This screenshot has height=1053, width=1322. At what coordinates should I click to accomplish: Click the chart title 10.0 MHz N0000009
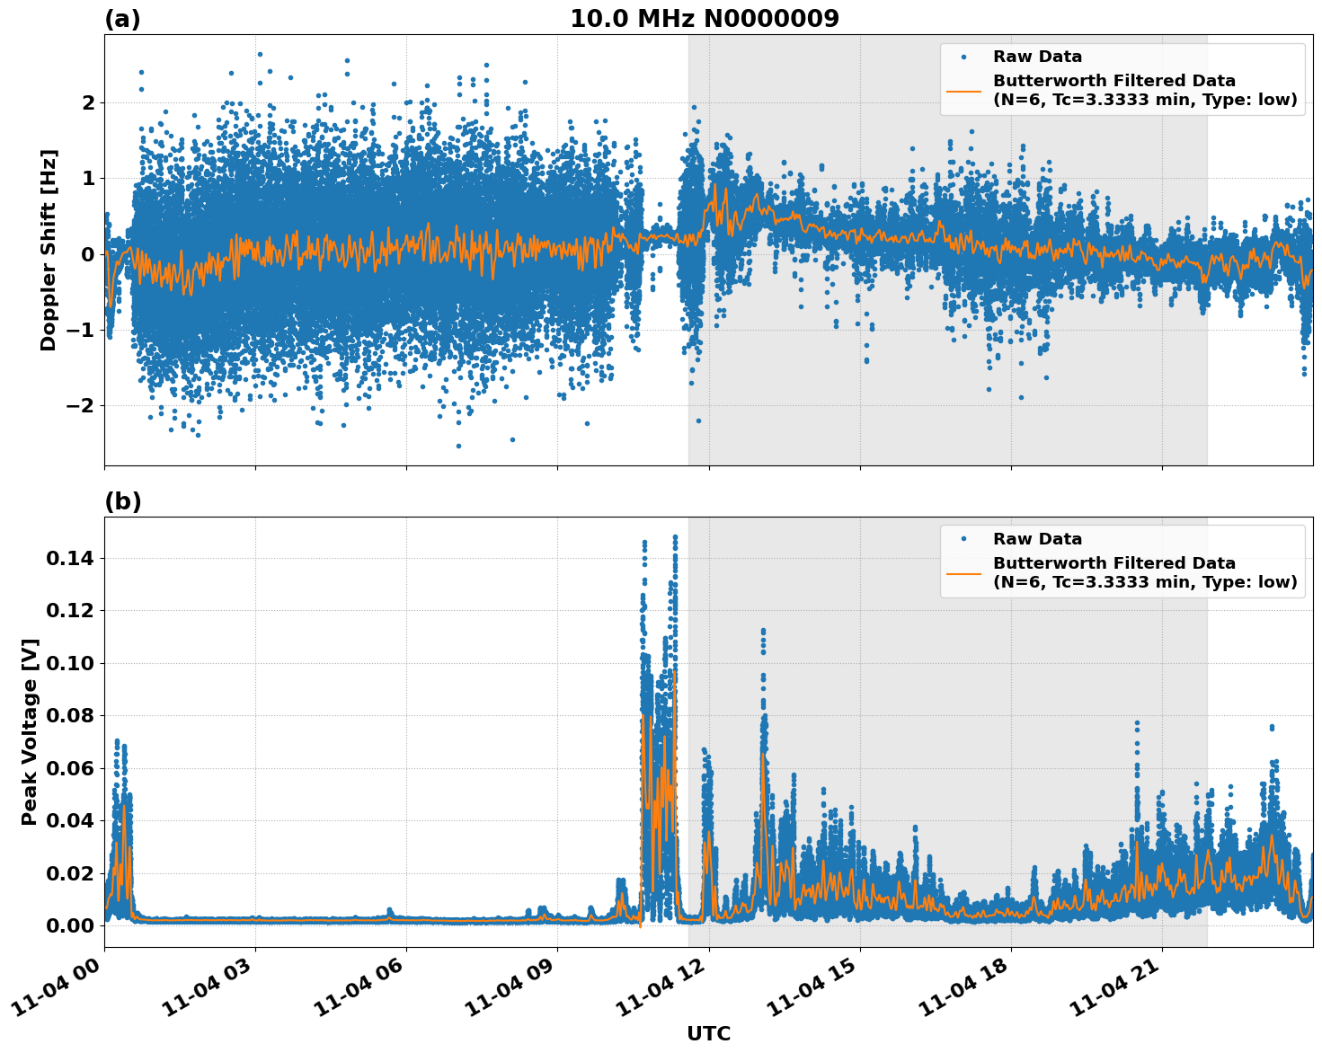(704, 19)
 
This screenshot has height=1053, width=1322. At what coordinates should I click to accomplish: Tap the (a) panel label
(122, 19)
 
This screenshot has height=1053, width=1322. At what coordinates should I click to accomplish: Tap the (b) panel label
(122, 501)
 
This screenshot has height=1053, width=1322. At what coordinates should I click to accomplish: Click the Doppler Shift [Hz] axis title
(49, 250)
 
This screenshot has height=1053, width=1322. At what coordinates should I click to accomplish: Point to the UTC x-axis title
(708, 1033)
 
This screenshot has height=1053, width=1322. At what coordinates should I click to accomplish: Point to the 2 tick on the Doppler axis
(88, 102)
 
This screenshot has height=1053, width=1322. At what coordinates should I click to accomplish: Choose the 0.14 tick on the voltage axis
(70, 558)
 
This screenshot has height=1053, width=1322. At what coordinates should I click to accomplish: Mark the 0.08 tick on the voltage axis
(70, 715)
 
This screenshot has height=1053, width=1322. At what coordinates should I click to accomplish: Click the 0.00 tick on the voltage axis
(70, 925)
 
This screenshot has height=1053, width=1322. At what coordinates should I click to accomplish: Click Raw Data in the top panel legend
(1037, 57)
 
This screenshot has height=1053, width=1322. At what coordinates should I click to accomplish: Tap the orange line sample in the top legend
(964, 90)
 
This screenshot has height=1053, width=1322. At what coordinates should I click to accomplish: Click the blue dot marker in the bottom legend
(964, 539)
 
